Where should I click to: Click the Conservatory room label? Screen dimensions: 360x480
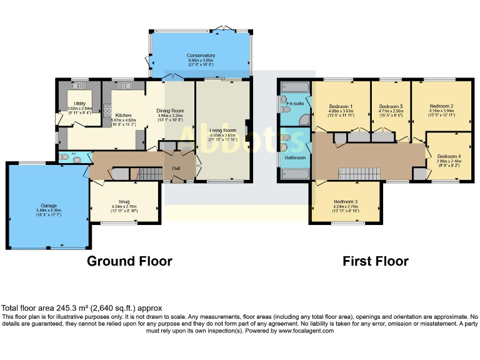click(201, 56)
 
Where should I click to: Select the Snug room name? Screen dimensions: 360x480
click(124, 201)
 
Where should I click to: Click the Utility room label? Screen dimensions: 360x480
click(79, 103)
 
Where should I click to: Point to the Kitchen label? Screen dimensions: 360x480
click(123, 116)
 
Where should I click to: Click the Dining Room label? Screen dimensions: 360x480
click(170, 111)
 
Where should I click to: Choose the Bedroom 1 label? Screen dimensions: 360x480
click(341, 106)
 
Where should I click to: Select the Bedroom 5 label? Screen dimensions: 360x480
click(391, 106)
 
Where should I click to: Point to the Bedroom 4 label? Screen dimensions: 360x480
click(448, 156)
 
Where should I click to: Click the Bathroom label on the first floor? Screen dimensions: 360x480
click(295, 158)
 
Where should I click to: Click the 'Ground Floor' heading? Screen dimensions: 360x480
click(129, 261)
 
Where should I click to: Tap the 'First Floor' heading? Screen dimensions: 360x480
click(375, 261)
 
